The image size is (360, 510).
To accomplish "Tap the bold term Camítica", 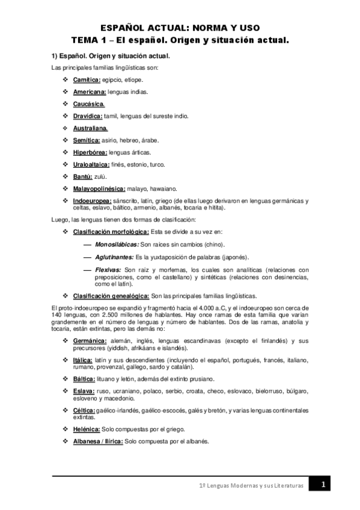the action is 86,79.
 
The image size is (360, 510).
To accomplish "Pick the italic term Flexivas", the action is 108,269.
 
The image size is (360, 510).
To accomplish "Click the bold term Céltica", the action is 85,410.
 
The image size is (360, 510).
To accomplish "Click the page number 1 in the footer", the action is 323,485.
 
